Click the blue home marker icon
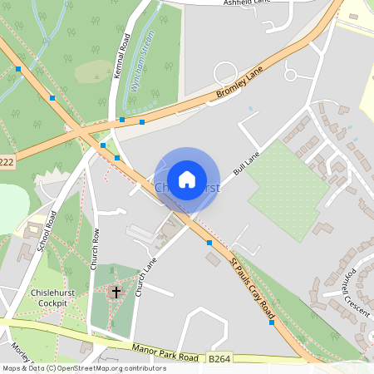pyautogui.click(x=187, y=180)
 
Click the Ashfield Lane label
pyautogui.click(x=248, y=3)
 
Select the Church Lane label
pyautogui.click(x=147, y=274)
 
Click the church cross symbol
pyautogui.click(x=116, y=293)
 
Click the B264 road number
pyautogui.click(x=219, y=358)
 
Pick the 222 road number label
pyautogui.click(x=7, y=161)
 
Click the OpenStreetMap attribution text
pyautogui.click(x=83, y=367)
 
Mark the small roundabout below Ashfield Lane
pyautogui.click(x=291, y=75)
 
